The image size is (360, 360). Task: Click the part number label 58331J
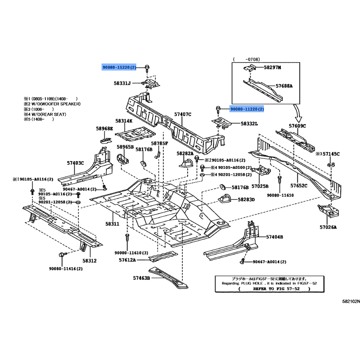[122, 83]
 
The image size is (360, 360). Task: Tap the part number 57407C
[183, 115]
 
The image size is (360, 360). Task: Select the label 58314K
[123, 121]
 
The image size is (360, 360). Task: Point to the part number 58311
[112, 224]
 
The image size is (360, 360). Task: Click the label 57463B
[141, 278]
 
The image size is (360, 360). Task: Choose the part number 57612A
[128, 260]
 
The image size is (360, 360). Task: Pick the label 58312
[89, 261]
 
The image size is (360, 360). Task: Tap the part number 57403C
[76, 162]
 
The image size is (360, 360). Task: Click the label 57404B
[274, 237]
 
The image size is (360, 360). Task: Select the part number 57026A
[328, 228]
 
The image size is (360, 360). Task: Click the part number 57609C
[297, 126]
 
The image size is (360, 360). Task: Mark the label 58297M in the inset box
[272, 67]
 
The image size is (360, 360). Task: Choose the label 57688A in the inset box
[284, 85]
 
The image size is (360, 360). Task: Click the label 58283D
[246, 199]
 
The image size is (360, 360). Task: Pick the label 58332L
[249, 123]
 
